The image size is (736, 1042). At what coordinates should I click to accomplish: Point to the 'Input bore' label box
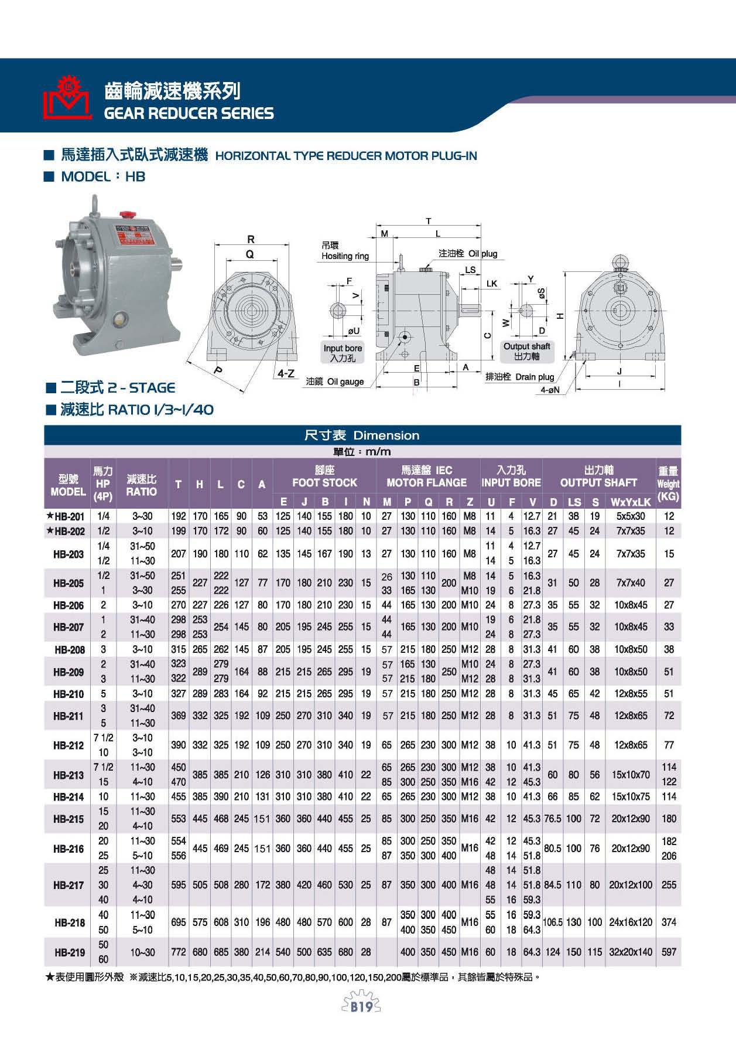click(x=343, y=353)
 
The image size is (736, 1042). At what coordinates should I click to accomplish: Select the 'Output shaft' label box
click(x=526, y=351)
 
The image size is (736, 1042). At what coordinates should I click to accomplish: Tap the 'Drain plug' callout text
click(x=520, y=377)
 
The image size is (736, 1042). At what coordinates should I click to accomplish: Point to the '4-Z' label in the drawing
click(x=286, y=373)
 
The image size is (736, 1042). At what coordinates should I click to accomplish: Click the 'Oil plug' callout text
click(x=468, y=253)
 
